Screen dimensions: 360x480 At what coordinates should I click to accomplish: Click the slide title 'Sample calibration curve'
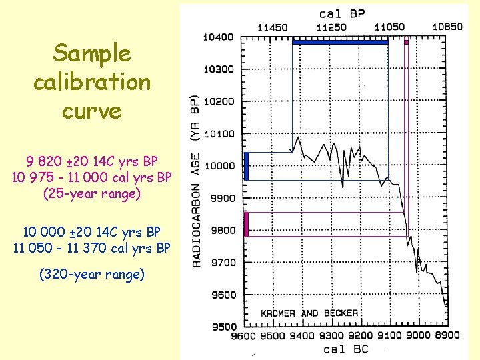(x=92, y=81)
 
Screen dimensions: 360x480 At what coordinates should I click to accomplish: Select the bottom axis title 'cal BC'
(x=345, y=349)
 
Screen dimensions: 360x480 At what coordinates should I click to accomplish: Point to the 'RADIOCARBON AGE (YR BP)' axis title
(x=197, y=180)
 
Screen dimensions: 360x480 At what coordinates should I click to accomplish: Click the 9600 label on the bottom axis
(x=244, y=335)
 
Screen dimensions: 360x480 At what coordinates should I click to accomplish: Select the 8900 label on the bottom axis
(x=446, y=335)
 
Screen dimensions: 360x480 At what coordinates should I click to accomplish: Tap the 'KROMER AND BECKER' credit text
(x=309, y=313)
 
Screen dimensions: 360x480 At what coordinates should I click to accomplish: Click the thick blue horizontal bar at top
(x=340, y=42)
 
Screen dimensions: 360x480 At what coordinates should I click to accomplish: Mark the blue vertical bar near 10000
(x=246, y=166)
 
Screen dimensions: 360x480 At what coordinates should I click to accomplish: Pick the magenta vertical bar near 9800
(x=246, y=224)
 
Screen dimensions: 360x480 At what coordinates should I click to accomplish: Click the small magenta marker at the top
(x=406, y=42)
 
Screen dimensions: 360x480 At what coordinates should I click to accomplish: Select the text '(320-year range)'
(x=92, y=273)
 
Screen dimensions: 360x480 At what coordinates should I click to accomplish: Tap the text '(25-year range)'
(x=92, y=195)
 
